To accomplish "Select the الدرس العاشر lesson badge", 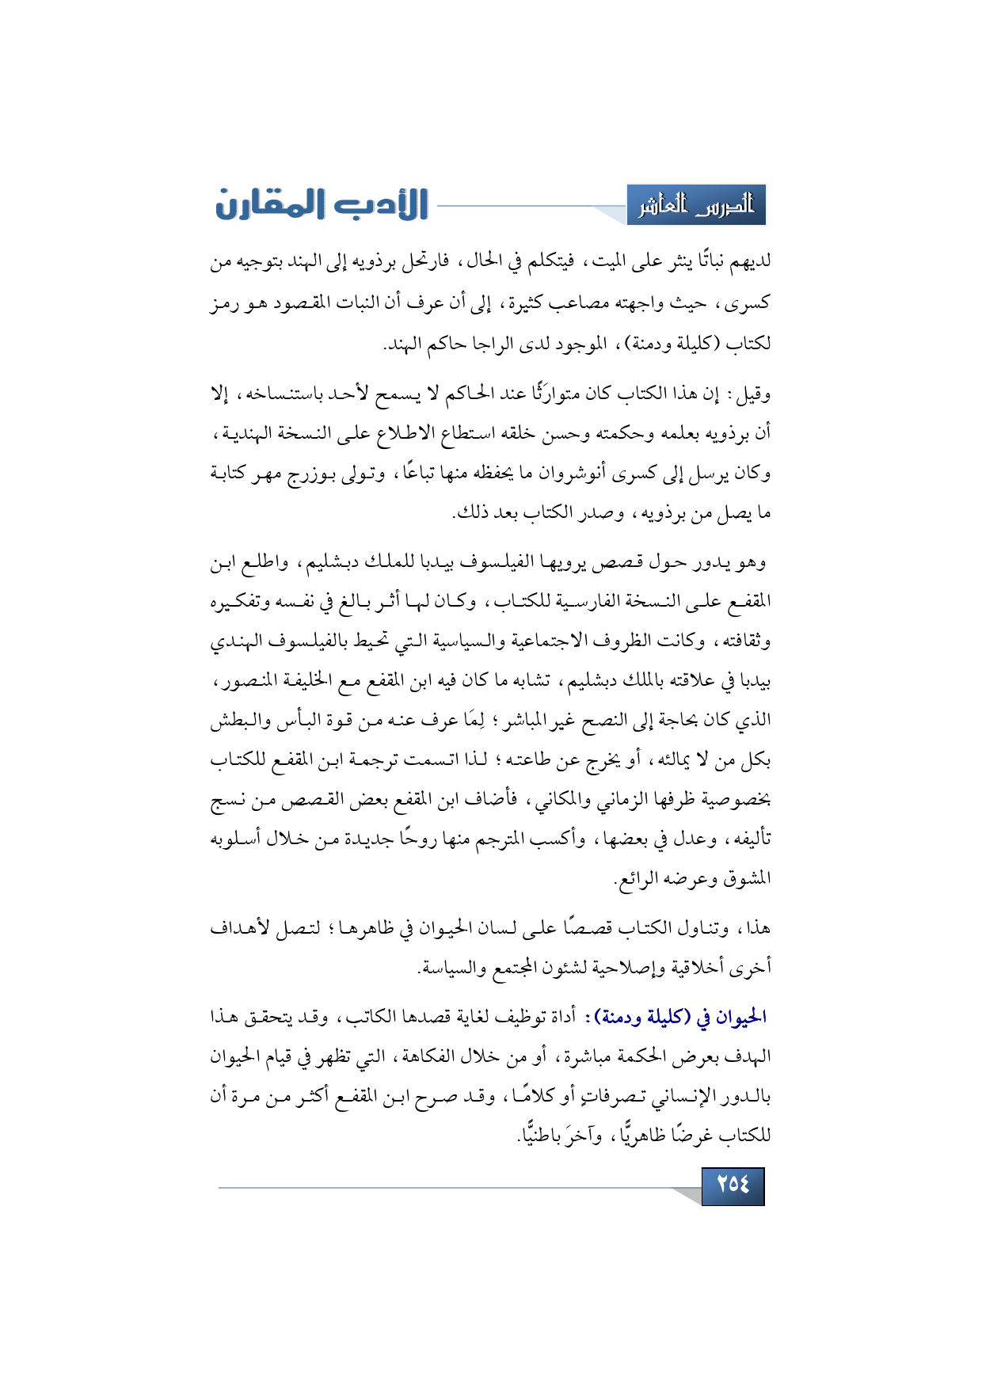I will [x=696, y=206].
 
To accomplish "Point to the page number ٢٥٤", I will [x=733, y=1185].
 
